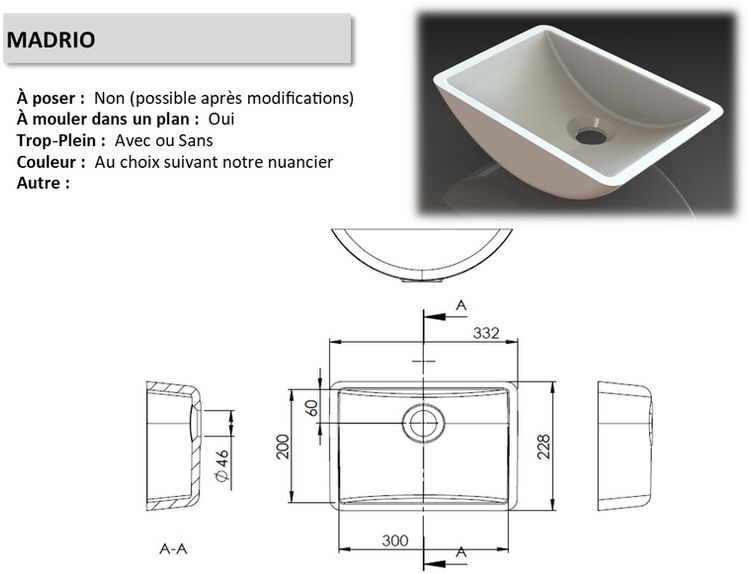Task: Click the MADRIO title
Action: pos(51,40)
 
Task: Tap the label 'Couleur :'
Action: pos(51,161)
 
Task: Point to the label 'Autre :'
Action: pos(44,183)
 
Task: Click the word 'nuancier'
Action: pos(302,161)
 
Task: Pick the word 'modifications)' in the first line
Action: pos(303,99)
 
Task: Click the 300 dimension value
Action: pos(395,540)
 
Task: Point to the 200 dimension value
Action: pos(283,446)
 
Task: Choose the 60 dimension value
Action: pos(311,407)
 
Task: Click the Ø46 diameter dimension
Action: pos(223,466)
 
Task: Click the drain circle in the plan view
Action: pos(424,424)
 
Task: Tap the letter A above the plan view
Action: pos(461,304)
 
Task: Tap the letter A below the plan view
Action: pos(461,551)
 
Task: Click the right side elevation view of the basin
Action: pos(624,445)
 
